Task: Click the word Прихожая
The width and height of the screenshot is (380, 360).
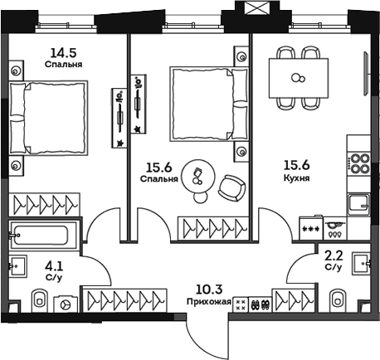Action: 209,302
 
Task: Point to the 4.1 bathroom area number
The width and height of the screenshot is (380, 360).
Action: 52,266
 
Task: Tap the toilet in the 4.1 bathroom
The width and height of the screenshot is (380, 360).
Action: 38,299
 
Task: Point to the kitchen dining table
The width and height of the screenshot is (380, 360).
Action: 298,80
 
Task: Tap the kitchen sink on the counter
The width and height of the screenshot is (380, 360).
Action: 359,202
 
